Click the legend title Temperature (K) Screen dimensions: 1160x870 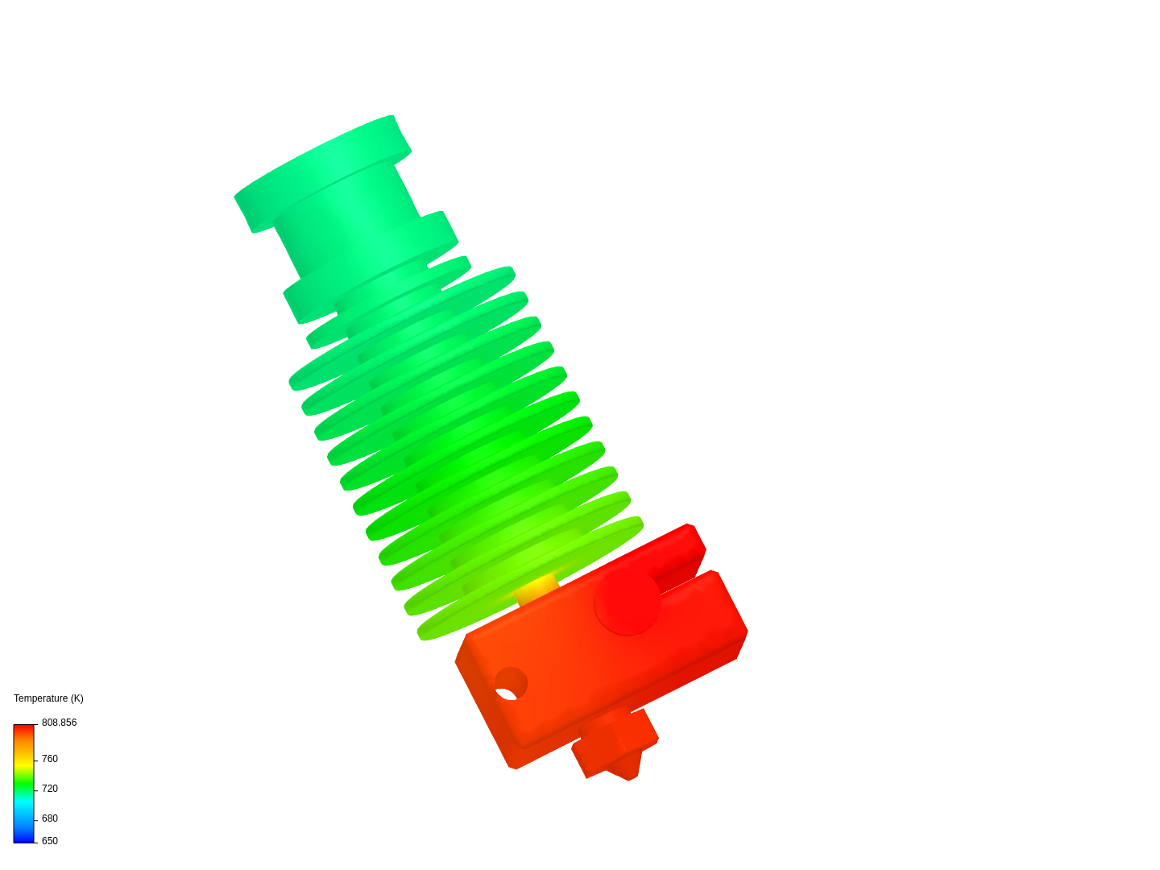[48, 698]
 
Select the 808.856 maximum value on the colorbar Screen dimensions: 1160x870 [59, 722]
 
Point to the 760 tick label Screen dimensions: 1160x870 [50, 759]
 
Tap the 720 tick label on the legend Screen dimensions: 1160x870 [50, 788]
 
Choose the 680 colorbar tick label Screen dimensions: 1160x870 [50, 818]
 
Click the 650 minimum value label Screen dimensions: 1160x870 [50, 840]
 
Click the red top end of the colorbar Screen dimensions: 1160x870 [24, 728]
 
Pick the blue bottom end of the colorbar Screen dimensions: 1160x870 [24, 839]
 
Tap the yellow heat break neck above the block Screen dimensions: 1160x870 [536, 589]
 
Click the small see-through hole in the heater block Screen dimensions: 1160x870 [506, 694]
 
